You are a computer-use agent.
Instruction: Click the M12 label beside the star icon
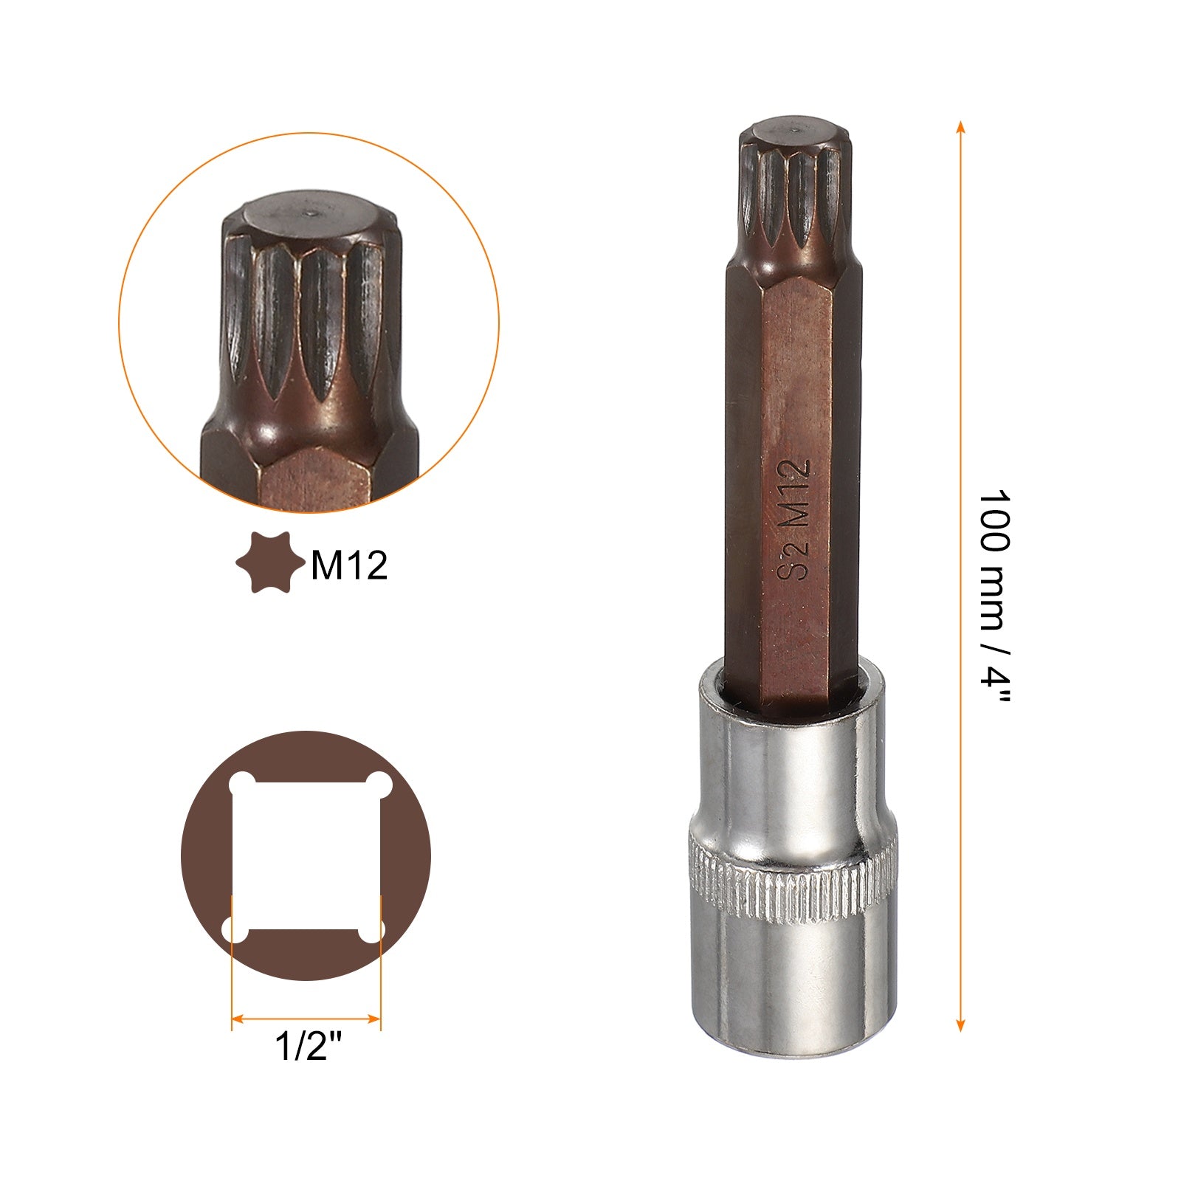[349, 565]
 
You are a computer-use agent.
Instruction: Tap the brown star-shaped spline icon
[269, 562]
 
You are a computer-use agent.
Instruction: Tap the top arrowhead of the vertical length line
[960, 126]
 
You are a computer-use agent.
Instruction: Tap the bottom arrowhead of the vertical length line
[960, 1025]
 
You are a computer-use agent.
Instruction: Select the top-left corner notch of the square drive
[242, 785]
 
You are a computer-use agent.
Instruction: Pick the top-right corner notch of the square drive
[378, 785]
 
